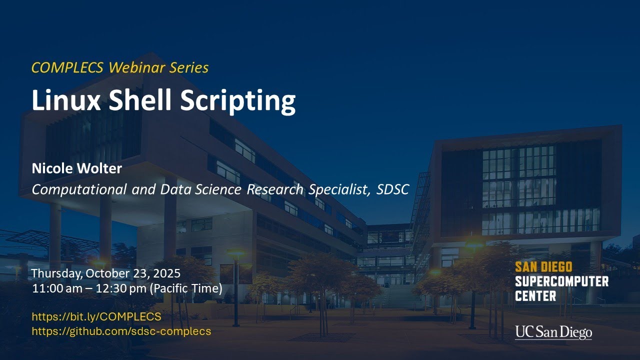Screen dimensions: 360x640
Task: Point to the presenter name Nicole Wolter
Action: pyautogui.click(x=76, y=168)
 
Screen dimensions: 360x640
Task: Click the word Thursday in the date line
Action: pyautogui.click(x=56, y=274)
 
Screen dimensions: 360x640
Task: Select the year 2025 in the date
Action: pyautogui.click(x=167, y=274)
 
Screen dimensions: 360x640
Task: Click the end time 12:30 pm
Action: pyautogui.click(x=119, y=289)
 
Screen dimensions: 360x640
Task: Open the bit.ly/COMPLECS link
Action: pyautogui.click(x=96, y=316)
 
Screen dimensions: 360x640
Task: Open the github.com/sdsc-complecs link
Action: pyautogui.click(x=121, y=331)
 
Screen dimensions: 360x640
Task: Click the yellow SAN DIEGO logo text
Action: pyautogui.click(x=543, y=267)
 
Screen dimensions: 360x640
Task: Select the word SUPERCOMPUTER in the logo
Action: pyautogui.click(x=561, y=281)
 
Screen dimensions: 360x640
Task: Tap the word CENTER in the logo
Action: pyautogui.click(x=535, y=296)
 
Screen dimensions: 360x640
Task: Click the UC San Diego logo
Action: pyautogui.click(x=553, y=332)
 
